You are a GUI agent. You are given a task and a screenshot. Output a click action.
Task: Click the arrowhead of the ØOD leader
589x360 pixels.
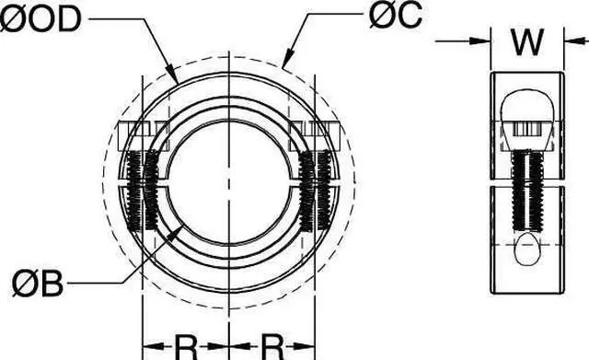pos(176,80)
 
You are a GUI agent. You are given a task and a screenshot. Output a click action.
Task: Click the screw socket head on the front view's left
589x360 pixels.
pos(139,136)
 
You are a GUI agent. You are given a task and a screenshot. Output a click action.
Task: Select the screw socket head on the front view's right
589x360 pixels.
pos(316,136)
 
